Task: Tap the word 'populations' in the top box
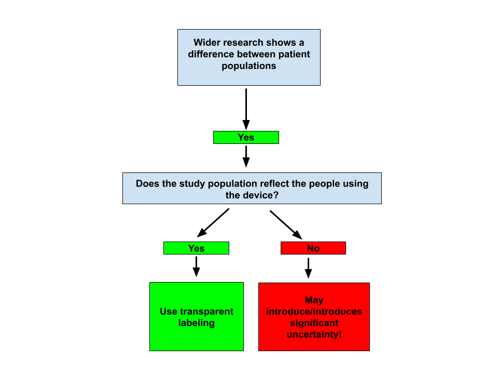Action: (249, 66)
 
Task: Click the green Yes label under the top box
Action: (246, 137)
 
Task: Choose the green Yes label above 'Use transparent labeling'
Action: (196, 248)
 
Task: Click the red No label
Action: (313, 248)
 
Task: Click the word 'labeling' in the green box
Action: (196, 323)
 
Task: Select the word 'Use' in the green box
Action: (169, 312)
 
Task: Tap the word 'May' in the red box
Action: (314, 300)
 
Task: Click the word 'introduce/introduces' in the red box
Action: (314, 312)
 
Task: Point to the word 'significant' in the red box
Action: (314, 323)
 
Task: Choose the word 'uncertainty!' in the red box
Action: (314, 335)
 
